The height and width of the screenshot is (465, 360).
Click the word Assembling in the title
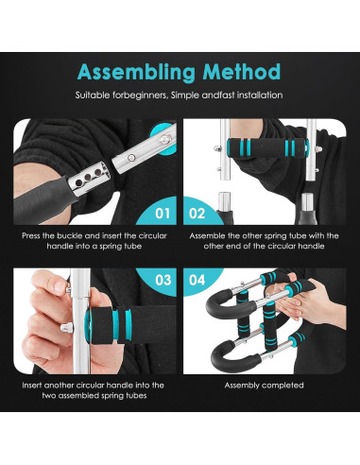[137, 73]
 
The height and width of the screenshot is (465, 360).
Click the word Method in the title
[242, 72]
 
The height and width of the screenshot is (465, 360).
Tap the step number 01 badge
[163, 214]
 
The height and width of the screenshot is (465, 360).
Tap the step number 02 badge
[197, 214]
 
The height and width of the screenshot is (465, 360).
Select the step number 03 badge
[163, 280]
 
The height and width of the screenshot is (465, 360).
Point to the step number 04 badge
[197, 280]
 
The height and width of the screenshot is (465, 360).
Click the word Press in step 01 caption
[30, 235]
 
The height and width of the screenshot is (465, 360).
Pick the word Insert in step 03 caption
[31, 385]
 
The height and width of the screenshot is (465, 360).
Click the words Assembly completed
[264, 385]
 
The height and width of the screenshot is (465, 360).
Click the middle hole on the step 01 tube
[88, 177]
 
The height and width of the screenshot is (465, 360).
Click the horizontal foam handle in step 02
[267, 146]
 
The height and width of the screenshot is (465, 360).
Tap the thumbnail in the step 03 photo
[59, 285]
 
